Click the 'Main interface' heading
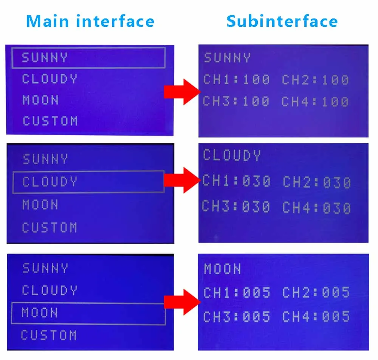coord(90,21)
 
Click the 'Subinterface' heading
coord(282,21)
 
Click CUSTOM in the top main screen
coord(50,121)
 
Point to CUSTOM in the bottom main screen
coord(49,335)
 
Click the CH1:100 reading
coord(236,79)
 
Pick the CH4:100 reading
coord(315,102)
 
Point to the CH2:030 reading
coord(317,182)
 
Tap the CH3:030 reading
coord(236,207)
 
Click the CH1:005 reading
coord(237,292)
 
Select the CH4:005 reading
coord(316,317)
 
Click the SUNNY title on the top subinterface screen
coord(227,58)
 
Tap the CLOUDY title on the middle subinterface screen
coord(232,155)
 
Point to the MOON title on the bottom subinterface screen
coord(223,269)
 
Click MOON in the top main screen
coord(41,100)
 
